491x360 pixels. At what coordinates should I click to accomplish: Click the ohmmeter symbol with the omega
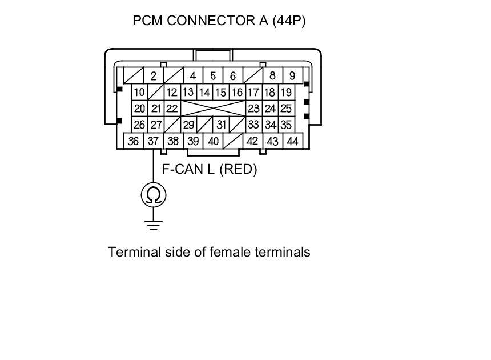pyautogui.click(x=153, y=195)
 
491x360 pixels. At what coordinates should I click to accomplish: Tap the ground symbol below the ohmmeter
pyautogui.click(x=153, y=225)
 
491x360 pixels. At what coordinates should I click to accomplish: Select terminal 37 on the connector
pyautogui.click(x=153, y=141)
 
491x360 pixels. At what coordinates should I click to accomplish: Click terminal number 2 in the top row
pyautogui.click(x=153, y=76)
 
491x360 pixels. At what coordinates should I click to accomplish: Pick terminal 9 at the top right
pyautogui.click(x=292, y=76)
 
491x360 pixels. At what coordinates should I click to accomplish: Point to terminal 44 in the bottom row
pyautogui.click(x=292, y=141)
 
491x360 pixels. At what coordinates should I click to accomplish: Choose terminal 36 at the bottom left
pyautogui.click(x=134, y=141)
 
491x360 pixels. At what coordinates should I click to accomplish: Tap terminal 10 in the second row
pyautogui.click(x=139, y=92)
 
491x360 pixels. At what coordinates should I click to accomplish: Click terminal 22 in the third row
pyautogui.click(x=171, y=108)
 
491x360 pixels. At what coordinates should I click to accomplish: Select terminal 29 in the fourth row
pyautogui.click(x=188, y=125)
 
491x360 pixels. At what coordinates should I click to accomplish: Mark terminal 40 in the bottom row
pyautogui.click(x=213, y=141)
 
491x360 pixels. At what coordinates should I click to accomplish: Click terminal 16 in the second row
pyautogui.click(x=237, y=92)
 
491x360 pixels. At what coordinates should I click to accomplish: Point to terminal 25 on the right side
pyautogui.click(x=286, y=108)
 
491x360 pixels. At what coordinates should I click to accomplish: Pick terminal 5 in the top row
pyautogui.click(x=213, y=76)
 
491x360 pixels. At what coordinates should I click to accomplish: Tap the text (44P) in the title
pyautogui.click(x=289, y=21)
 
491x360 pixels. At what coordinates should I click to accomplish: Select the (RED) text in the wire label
pyautogui.click(x=238, y=169)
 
